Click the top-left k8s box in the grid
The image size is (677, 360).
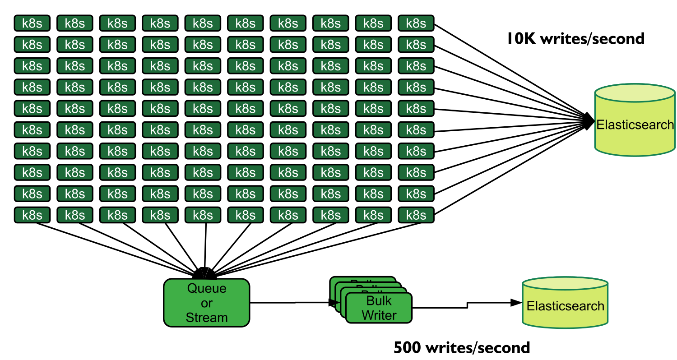coord(32,23)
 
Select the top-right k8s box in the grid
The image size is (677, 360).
coord(416,23)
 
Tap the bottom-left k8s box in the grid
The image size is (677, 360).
coord(32,215)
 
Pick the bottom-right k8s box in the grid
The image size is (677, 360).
coord(416,215)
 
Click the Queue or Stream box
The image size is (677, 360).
coord(206,303)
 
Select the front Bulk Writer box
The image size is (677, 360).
coord(379,308)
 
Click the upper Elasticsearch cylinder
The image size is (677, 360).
coord(635,120)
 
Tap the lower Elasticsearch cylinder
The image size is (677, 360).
coord(565,302)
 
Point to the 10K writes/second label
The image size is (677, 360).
coord(575,39)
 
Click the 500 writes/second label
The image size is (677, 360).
coord(462,347)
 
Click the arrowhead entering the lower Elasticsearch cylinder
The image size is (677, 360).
coord(516,302)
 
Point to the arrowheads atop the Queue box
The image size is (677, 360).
coord(204,273)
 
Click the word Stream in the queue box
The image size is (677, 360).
coord(207,318)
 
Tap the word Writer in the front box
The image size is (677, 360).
coord(379,315)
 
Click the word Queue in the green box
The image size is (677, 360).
coord(207,288)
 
